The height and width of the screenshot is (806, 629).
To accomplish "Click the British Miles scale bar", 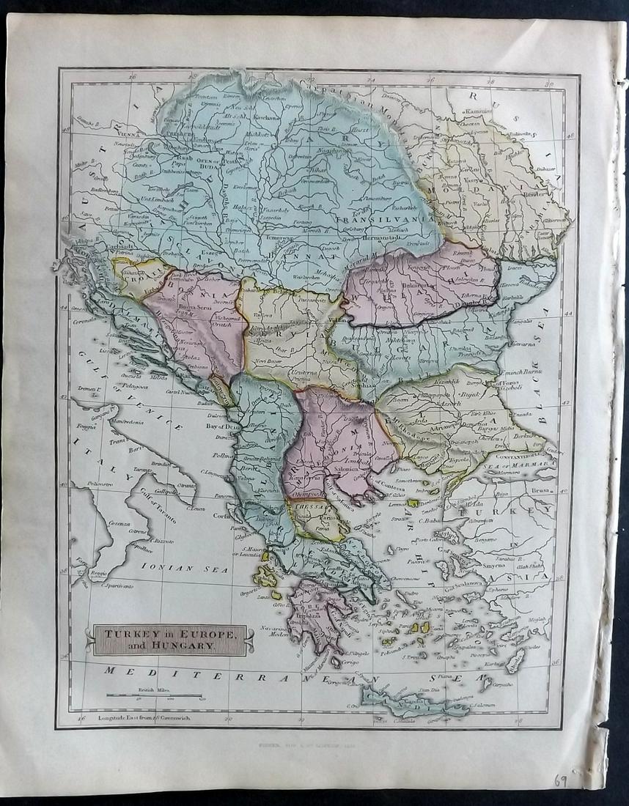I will coord(154,695).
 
